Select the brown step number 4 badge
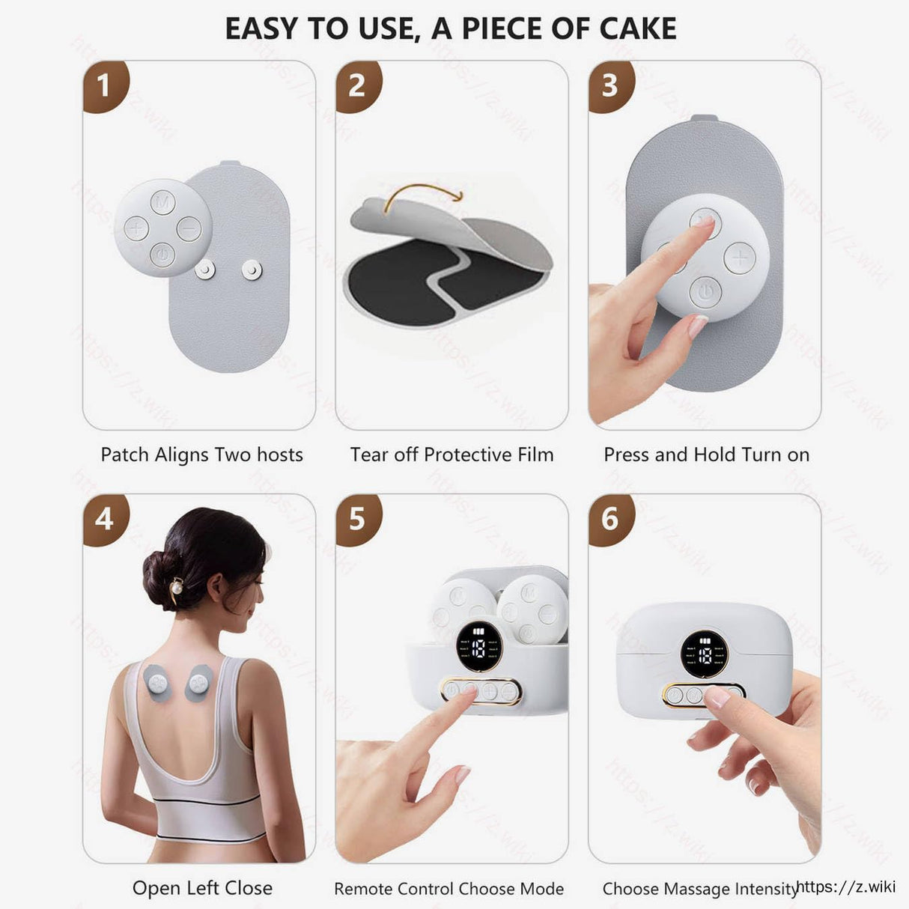[103, 517]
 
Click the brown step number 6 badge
[609, 517]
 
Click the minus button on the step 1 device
[189, 228]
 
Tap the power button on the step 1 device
[162, 255]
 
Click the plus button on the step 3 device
[740, 258]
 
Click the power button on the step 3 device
[705, 291]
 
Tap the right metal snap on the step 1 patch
[252, 270]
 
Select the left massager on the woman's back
[159, 682]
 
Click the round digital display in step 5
[479, 645]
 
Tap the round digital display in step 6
[704, 653]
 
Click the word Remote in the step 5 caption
[363, 889]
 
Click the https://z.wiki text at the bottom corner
[846, 887]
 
